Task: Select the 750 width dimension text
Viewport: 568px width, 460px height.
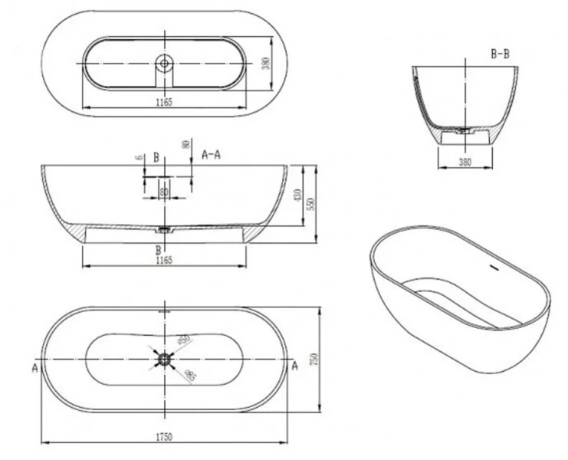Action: [314, 359]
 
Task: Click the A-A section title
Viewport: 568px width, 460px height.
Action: [211, 155]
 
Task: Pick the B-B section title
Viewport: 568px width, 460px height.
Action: [501, 54]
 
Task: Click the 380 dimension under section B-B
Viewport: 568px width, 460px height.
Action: [465, 162]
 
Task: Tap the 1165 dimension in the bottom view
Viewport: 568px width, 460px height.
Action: [164, 102]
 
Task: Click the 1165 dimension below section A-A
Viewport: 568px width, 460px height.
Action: [164, 261]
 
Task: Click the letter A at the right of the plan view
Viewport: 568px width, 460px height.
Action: [294, 366]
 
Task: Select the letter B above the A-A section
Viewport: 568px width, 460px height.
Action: [156, 157]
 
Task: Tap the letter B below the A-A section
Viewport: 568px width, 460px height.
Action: [159, 250]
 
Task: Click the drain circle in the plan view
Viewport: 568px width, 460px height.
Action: [164, 358]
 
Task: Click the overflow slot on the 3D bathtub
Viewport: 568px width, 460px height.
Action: [492, 268]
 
